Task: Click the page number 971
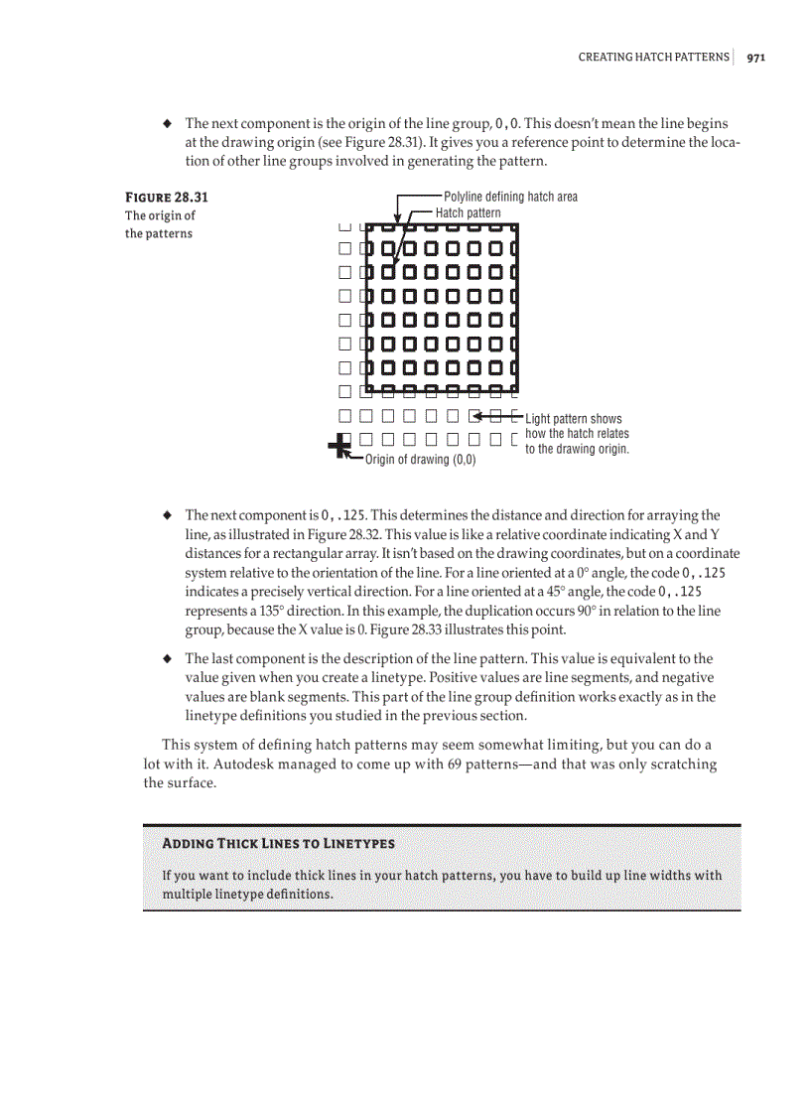coord(755,58)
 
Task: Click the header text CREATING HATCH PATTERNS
coord(653,58)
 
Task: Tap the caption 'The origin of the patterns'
coord(160,224)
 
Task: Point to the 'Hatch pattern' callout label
coord(469,212)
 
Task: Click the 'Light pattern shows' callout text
coord(574,419)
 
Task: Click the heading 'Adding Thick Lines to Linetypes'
coord(278,843)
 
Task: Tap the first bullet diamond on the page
coord(168,124)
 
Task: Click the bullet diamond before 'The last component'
coord(168,659)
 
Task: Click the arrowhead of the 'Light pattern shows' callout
coord(478,416)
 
